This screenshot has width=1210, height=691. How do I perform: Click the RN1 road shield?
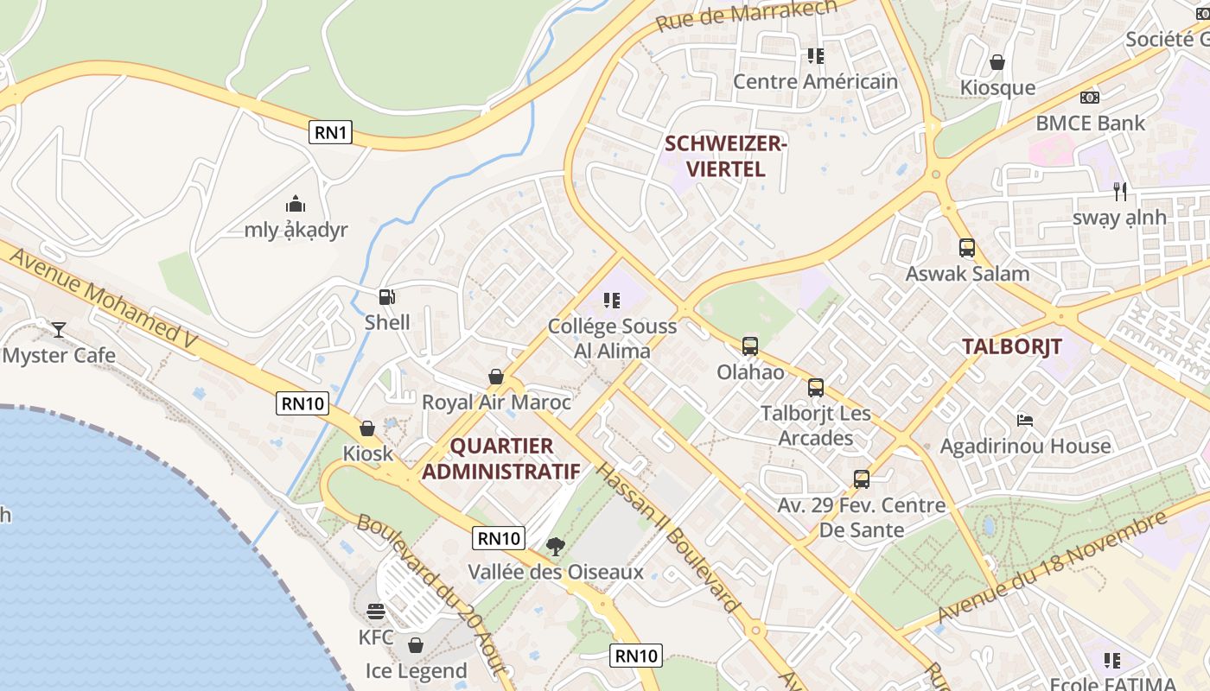[331, 132]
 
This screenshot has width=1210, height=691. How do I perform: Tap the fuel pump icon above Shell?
[387, 297]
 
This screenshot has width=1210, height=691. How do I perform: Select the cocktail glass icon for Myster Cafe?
[58, 329]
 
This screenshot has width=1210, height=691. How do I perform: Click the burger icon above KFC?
[376, 612]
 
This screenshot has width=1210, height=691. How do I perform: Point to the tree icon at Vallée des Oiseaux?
[555, 546]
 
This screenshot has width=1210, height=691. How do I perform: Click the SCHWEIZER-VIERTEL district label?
[725, 156]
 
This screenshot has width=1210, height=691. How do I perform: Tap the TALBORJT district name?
[1012, 347]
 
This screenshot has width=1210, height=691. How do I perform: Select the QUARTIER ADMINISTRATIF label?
[501, 459]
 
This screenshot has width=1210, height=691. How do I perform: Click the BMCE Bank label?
[1091, 123]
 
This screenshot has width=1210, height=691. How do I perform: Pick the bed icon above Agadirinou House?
[1024, 421]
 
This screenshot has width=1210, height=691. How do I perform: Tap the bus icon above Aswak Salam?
[967, 248]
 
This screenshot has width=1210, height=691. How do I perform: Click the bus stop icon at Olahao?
[750, 346]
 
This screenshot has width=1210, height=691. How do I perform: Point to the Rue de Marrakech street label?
[747, 16]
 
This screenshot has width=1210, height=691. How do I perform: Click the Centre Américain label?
[815, 81]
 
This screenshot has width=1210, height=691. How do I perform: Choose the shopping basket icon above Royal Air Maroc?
[496, 377]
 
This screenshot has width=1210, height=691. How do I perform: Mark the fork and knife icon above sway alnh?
[1120, 191]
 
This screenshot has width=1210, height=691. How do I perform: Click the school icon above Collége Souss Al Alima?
[612, 301]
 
